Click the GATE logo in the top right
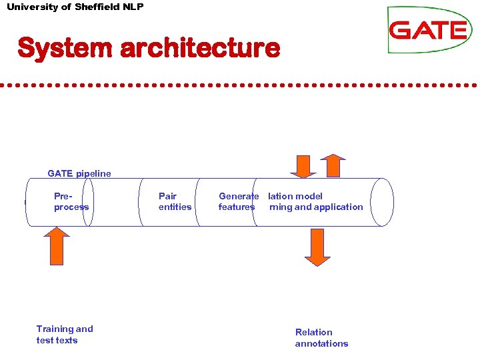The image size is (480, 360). click(x=429, y=30)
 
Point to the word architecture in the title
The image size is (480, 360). click(x=200, y=48)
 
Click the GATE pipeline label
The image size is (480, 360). click(x=79, y=173)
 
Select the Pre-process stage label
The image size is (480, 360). click(x=71, y=201)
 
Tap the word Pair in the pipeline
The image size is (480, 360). click(x=167, y=196)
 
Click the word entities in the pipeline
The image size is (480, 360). click(x=175, y=207)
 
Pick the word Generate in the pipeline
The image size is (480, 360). click(x=238, y=196)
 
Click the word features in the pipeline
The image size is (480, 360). click(x=236, y=207)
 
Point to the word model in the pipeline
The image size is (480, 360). click(x=308, y=196)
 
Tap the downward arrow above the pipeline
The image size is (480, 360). click(x=304, y=166)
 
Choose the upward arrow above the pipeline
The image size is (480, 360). click(x=333, y=166)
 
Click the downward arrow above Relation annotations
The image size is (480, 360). click(x=317, y=247)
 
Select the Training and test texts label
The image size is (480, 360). click(x=65, y=335)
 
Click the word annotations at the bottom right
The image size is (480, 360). click(x=321, y=343)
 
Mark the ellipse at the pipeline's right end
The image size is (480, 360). click(x=382, y=202)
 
